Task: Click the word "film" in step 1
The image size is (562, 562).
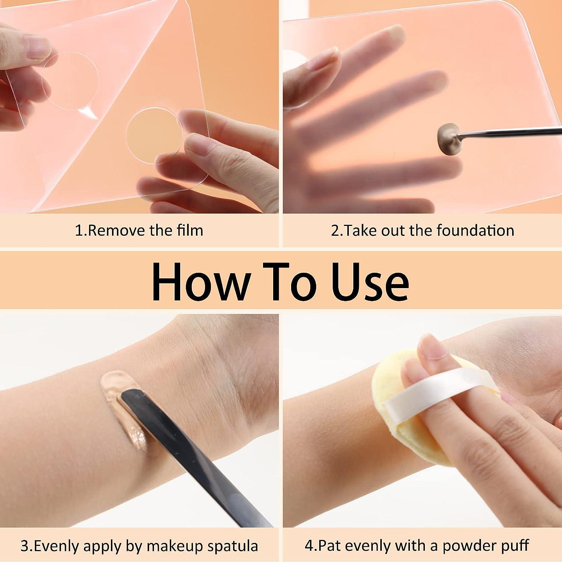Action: (x=190, y=230)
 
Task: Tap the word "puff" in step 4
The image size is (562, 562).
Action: (x=516, y=546)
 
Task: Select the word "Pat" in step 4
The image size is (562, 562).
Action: (x=329, y=546)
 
